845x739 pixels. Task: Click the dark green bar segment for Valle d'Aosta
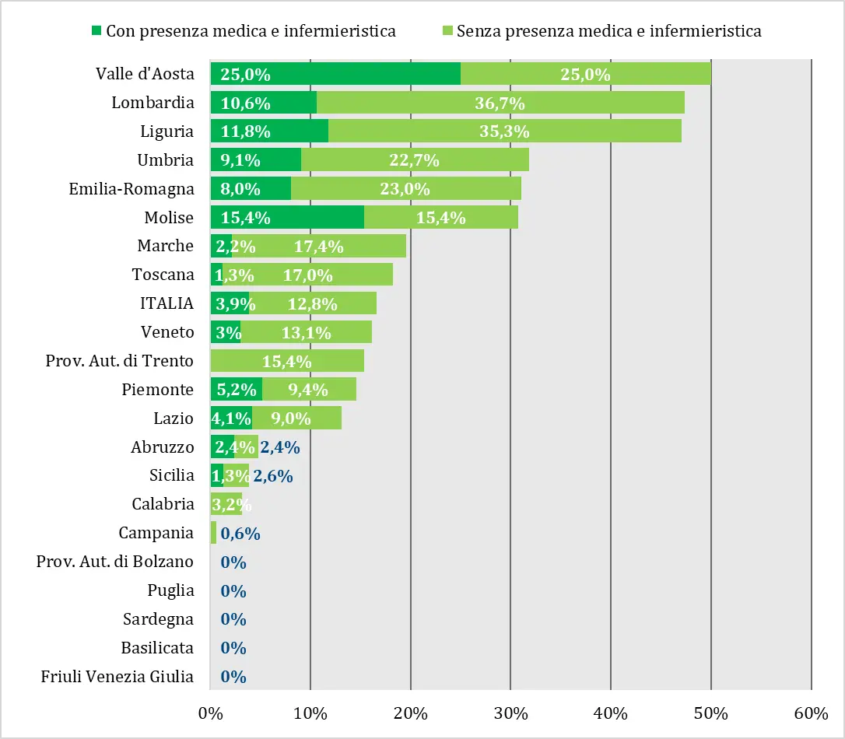pos(335,74)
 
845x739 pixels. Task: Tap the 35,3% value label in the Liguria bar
pos(505,131)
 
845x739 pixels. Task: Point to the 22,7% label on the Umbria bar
pos(414,160)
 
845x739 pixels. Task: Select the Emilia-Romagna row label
pos(131,188)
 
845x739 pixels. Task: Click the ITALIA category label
pos(167,303)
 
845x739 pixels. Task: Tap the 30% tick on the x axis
pos(510,713)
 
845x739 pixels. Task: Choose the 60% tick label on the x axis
pos(812,713)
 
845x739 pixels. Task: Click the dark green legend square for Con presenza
pos(96,31)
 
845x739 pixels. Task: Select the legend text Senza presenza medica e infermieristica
pos(608,31)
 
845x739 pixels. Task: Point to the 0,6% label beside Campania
pos(240,534)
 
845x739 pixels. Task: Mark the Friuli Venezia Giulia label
pos(117,676)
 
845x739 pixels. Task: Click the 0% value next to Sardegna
pos(233,619)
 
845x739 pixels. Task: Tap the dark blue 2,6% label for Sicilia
pos(273,476)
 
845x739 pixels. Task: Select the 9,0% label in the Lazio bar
pos(291,419)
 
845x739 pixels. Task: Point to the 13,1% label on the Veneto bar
pos(306,333)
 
